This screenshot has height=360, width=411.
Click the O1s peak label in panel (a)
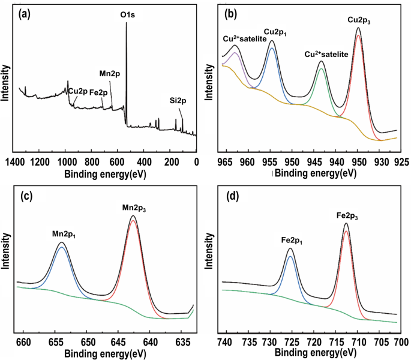coord(126,13)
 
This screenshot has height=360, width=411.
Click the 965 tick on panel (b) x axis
coord(226,161)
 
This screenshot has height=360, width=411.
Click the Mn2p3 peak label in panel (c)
coord(134,208)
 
